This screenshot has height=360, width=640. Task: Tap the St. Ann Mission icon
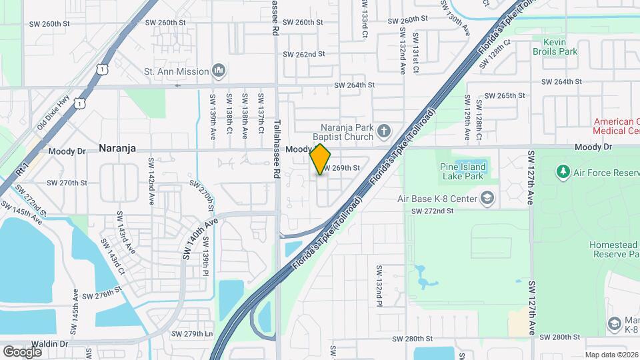tap(218, 71)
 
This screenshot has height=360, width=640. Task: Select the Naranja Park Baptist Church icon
tap(383, 131)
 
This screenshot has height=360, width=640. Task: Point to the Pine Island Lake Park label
tap(463, 171)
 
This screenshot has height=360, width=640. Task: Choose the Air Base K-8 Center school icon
tap(487, 199)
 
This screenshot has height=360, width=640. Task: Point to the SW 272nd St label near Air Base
tap(432, 211)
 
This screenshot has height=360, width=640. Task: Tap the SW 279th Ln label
tap(192, 333)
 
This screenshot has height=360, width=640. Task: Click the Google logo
tap(22, 351)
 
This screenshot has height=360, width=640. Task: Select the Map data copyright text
tap(611, 355)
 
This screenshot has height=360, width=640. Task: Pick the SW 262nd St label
tap(303, 54)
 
